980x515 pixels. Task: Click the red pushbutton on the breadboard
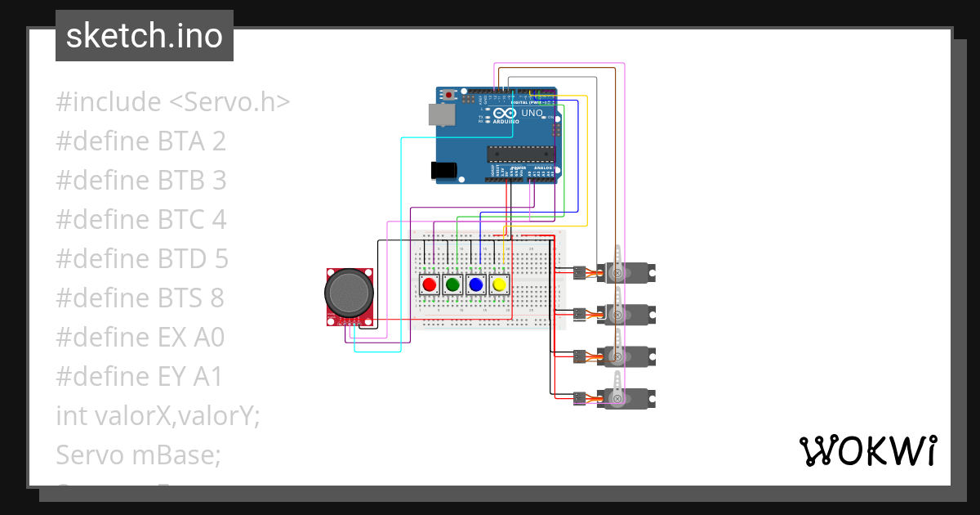(x=429, y=284)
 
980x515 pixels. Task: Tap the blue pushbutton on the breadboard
(x=476, y=284)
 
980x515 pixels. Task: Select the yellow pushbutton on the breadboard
(x=500, y=284)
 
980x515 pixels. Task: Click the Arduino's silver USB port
(x=442, y=114)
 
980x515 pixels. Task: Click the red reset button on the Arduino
(x=448, y=96)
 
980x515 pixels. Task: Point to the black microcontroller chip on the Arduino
(x=519, y=152)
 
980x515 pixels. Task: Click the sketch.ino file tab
(x=145, y=36)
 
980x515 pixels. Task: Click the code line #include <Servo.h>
(x=173, y=102)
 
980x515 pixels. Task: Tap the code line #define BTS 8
(x=140, y=298)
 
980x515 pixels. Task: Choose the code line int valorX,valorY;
(x=158, y=416)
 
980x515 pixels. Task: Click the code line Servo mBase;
(x=138, y=455)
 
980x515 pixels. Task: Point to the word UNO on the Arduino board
(x=532, y=113)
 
